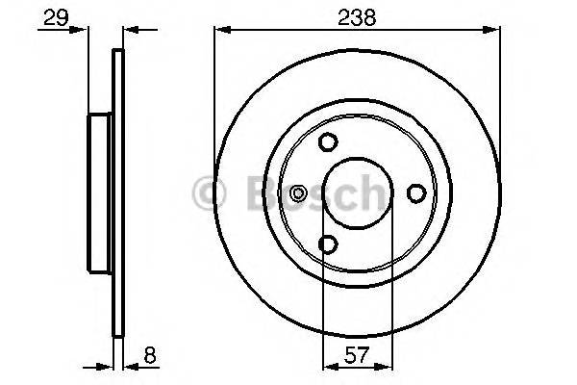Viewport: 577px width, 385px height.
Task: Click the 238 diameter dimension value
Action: [357, 16]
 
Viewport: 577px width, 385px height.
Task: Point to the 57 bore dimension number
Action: [355, 355]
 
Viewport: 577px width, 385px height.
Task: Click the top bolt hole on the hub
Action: [328, 142]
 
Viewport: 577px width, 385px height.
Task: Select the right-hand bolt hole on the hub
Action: [416, 193]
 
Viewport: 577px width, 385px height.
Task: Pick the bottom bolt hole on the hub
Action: [328, 245]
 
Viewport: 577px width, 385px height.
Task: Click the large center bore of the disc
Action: [356, 193]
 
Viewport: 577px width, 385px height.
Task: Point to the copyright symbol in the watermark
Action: [209, 192]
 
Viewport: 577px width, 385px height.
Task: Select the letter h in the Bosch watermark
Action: [369, 192]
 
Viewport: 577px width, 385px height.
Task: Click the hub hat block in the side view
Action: [100, 193]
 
